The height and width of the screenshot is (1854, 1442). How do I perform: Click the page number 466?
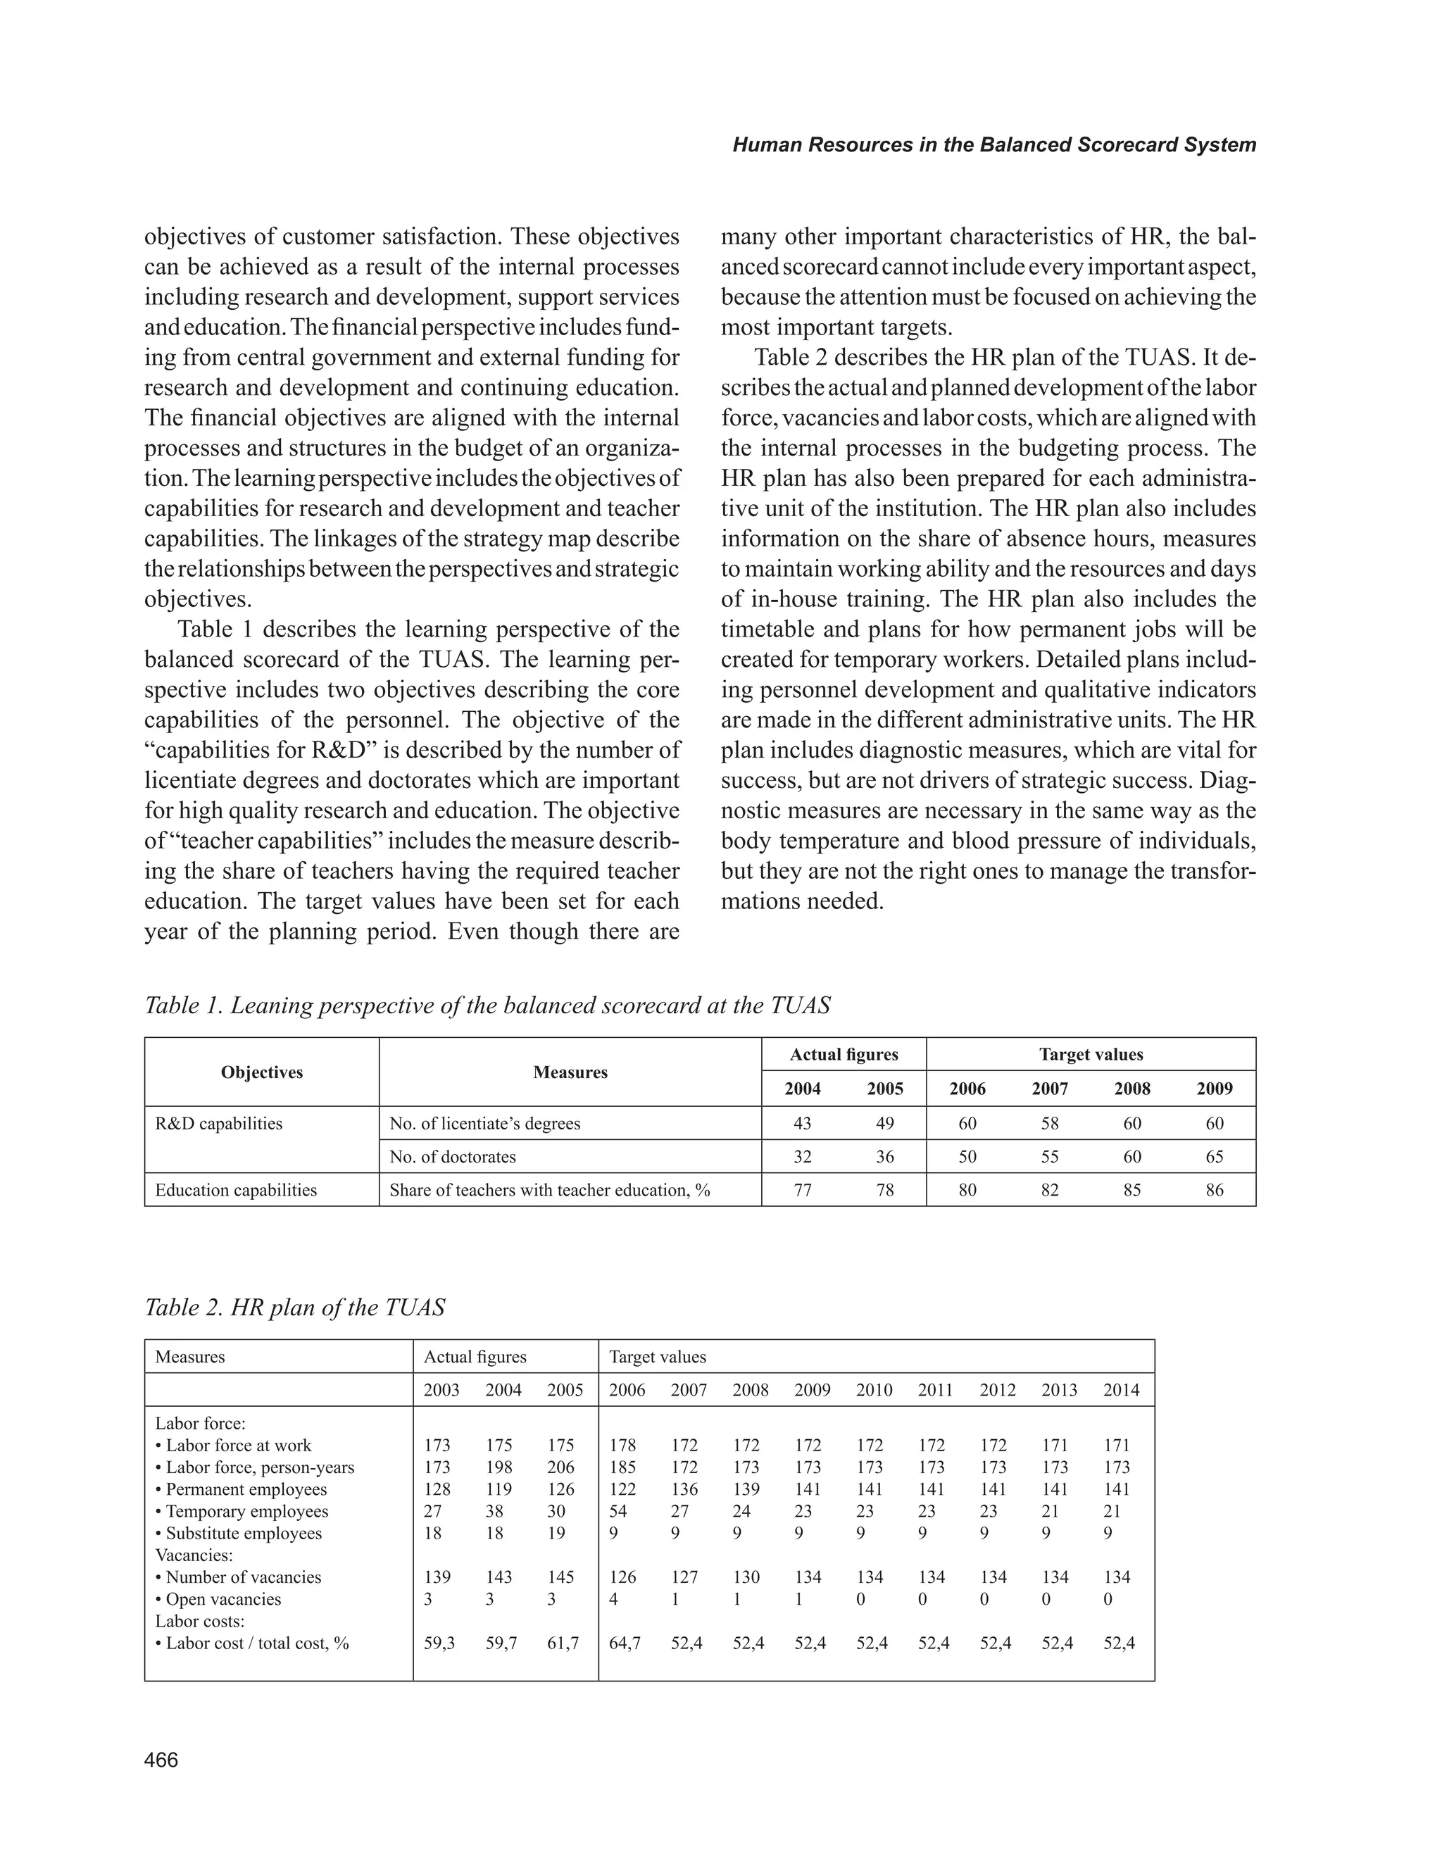tap(161, 1760)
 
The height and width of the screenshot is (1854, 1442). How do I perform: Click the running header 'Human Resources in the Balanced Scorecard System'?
tap(994, 144)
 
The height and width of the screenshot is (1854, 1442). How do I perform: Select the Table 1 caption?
tap(487, 1006)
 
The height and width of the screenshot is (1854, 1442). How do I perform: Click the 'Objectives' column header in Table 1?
tap(261, 1072)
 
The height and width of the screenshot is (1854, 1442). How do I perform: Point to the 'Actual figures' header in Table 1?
tap(844, 1054)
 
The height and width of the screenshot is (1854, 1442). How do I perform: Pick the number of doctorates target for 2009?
tap(1215, 1157)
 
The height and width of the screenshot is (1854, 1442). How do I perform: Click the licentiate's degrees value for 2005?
tap(884, 1123)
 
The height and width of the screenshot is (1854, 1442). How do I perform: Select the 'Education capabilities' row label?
tap(236, 1190)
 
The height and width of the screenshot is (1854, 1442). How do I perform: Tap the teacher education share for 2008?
tap(1132, 1190)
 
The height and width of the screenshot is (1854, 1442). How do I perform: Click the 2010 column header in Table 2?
tap(874, 1391)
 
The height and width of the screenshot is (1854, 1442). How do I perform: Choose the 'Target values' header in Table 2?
tap(658, 1358)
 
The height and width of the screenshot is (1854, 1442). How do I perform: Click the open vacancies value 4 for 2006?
tap(614, 1599)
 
